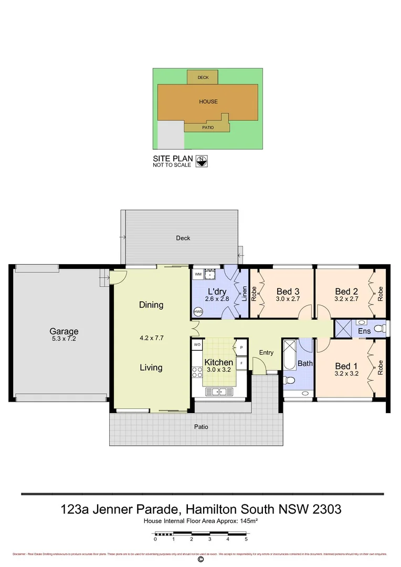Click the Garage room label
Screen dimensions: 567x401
(x=64, y=331)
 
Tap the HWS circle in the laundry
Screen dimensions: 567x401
(x=198, y=312)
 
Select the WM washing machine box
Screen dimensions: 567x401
(x=198, y=275)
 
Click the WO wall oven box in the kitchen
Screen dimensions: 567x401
(x=197, y=344)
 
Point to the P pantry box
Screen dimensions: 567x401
(x=241, y=348)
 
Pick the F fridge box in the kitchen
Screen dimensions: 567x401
(x=241, y=362)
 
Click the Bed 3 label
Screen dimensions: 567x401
(x=288, y=292)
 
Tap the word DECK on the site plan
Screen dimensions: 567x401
(x=203, y=78)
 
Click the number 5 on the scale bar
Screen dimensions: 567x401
(x=246, y=539)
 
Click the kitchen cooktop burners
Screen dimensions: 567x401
(x=198, y=373)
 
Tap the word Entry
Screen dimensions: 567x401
(x=266, y=352)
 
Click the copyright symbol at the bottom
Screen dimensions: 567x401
(x=201, y=560)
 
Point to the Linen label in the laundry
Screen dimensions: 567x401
(x=244, y=292)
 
